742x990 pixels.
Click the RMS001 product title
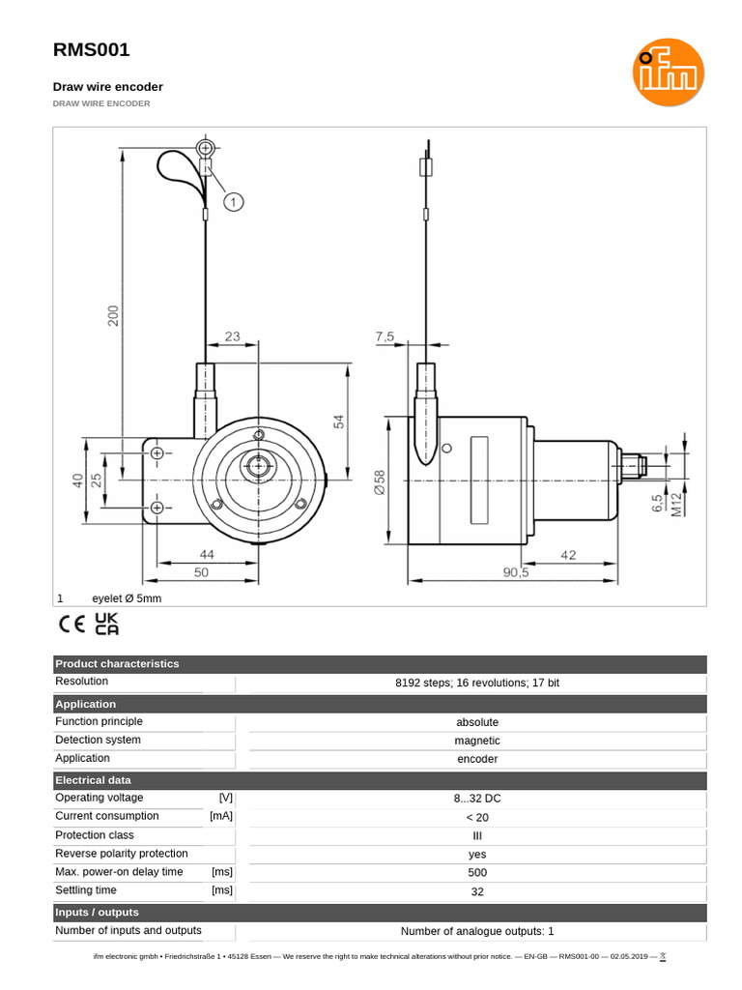(91, 50)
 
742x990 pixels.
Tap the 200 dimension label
(113, 316)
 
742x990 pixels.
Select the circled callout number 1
(234, 201)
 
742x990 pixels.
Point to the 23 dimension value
(232, 337)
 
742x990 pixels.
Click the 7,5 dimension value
(385, 337)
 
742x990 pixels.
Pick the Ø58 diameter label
(379, 482)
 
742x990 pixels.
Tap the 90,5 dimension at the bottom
(516, 572)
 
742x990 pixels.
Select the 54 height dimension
(338, 422)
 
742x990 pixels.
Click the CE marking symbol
(72, 624)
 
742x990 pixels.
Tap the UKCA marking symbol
(106, 624)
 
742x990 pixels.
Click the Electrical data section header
(93, 780)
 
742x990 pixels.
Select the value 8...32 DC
(477, 799)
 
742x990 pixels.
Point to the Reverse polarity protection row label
(122, 854)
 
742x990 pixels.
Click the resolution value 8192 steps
(477, 683)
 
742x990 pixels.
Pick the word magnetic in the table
(477, 741)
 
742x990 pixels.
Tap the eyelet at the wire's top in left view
(205, 148)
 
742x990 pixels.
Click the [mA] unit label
(221, 817)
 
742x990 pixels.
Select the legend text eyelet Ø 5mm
(127, 598)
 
